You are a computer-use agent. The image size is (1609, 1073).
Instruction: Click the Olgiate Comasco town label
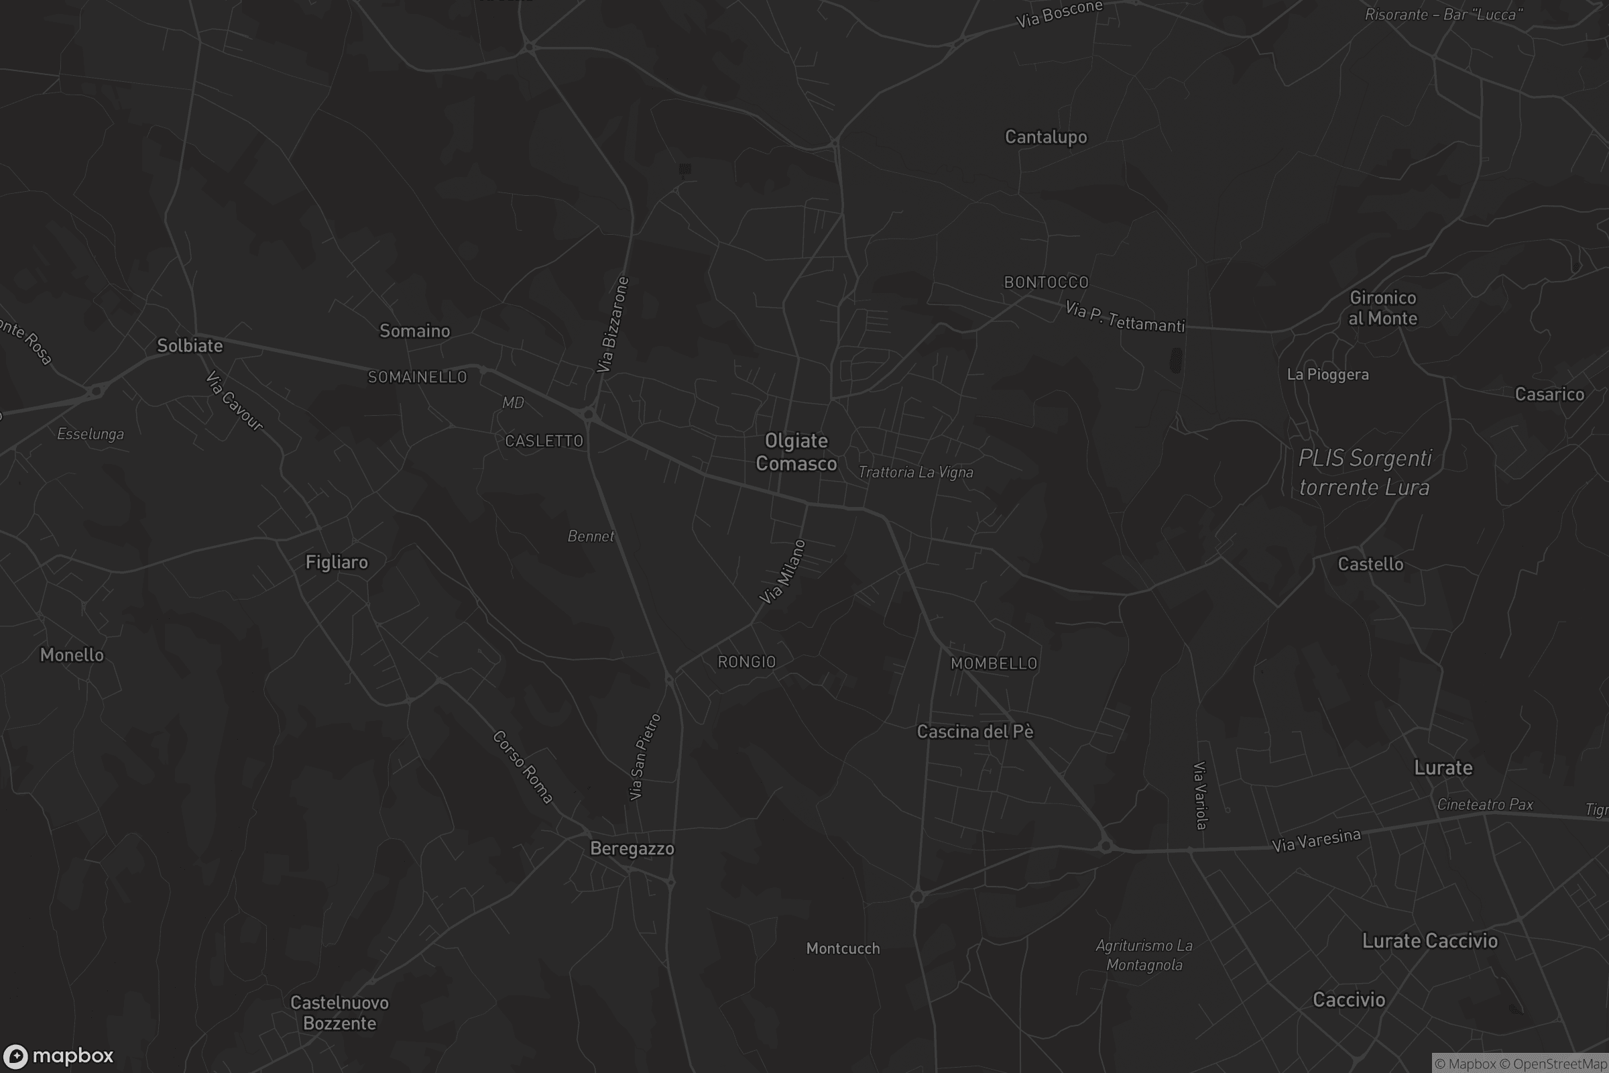[796, 452]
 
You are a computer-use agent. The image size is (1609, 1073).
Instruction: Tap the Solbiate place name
[190, 345]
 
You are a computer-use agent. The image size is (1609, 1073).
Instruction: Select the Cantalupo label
[1045, 137]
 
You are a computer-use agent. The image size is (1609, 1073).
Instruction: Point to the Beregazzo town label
[632, 848]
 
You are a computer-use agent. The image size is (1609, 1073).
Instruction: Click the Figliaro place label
[337, 562]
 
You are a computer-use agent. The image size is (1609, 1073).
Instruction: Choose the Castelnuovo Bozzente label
[339, 1013]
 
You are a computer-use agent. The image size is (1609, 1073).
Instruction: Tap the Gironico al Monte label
[1382, 308]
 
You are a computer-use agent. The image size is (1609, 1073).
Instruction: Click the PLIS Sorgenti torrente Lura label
[1365, 473]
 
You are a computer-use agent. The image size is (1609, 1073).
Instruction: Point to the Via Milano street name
[782, 572]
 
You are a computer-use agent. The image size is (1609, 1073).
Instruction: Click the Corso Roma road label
[523, 767]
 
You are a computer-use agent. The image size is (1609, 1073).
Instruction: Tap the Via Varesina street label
[1316, 840]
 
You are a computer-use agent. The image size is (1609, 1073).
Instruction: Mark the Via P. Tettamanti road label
[1125, 317]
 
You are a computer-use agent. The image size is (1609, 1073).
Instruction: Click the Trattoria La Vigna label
[915, 472]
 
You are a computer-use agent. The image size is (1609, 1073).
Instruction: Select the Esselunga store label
[91, 434]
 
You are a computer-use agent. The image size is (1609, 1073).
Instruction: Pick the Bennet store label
[591, 536]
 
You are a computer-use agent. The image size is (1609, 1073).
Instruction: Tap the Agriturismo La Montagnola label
[1144, 955]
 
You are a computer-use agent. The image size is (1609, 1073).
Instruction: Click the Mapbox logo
[58, 1055]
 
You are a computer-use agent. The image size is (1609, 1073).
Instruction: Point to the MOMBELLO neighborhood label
[994, 663]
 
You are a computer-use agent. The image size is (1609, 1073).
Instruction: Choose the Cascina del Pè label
[975, 732]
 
